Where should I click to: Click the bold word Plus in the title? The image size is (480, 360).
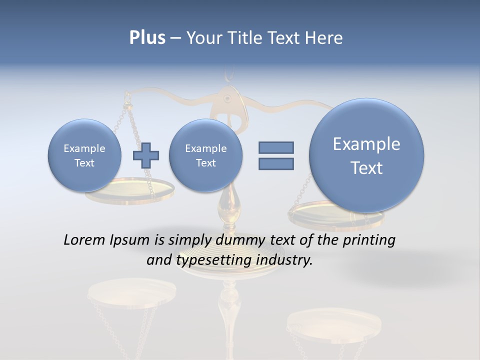click(147, 38)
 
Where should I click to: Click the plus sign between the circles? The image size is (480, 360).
click(145, 155)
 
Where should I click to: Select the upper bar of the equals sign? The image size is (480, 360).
click(276, 147)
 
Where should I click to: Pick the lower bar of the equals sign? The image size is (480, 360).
click(276, 163)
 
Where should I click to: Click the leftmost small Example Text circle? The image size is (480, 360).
click(84, 155)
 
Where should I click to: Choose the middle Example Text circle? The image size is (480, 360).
click(205, 155)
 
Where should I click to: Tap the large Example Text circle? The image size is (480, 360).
click(366, 155)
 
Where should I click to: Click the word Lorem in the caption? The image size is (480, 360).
click(84, 240)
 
